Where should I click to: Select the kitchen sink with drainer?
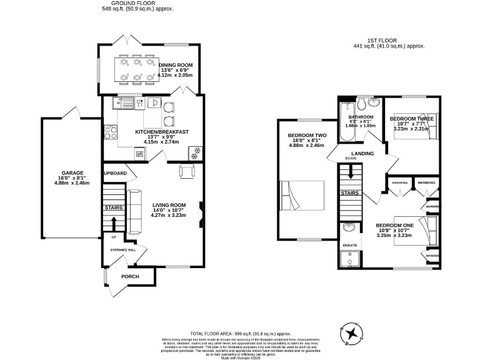pos(124,103)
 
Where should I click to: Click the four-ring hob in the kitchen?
pos(111,132)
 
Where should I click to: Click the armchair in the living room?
pos(187,171)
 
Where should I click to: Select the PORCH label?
pos(130,276)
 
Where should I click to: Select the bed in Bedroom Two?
pos(302,196)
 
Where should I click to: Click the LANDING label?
pos(362,153)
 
